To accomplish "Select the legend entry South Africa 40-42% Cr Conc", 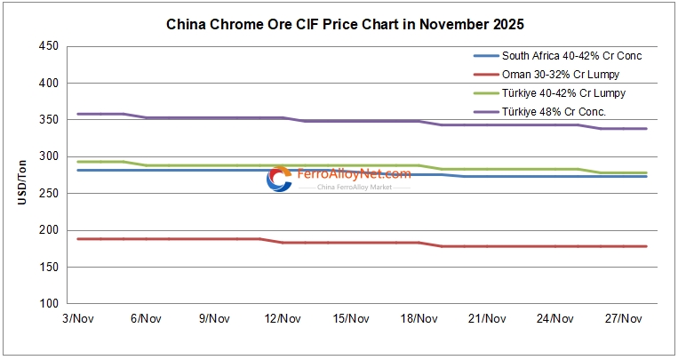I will coord(571,55).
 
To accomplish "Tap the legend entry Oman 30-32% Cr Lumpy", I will coord(560,74).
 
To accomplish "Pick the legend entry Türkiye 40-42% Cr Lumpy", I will coord(563,92).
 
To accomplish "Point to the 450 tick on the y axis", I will coord(49,46).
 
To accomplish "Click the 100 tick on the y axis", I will coord(49,304).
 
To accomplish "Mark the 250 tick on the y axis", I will coord(49,194).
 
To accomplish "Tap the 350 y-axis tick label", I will coord(49,120).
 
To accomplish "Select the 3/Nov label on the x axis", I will coord(77,318).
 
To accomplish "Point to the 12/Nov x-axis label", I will coord(283,318).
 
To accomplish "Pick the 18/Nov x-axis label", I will coord(419,318).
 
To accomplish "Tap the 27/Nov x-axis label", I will coord(625,318).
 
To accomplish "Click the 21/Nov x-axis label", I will coord(488,318).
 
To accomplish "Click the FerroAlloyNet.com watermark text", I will coord(353,174).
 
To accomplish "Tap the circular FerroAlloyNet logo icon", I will coord(279,179).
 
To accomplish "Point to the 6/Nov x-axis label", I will coord(146,318).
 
